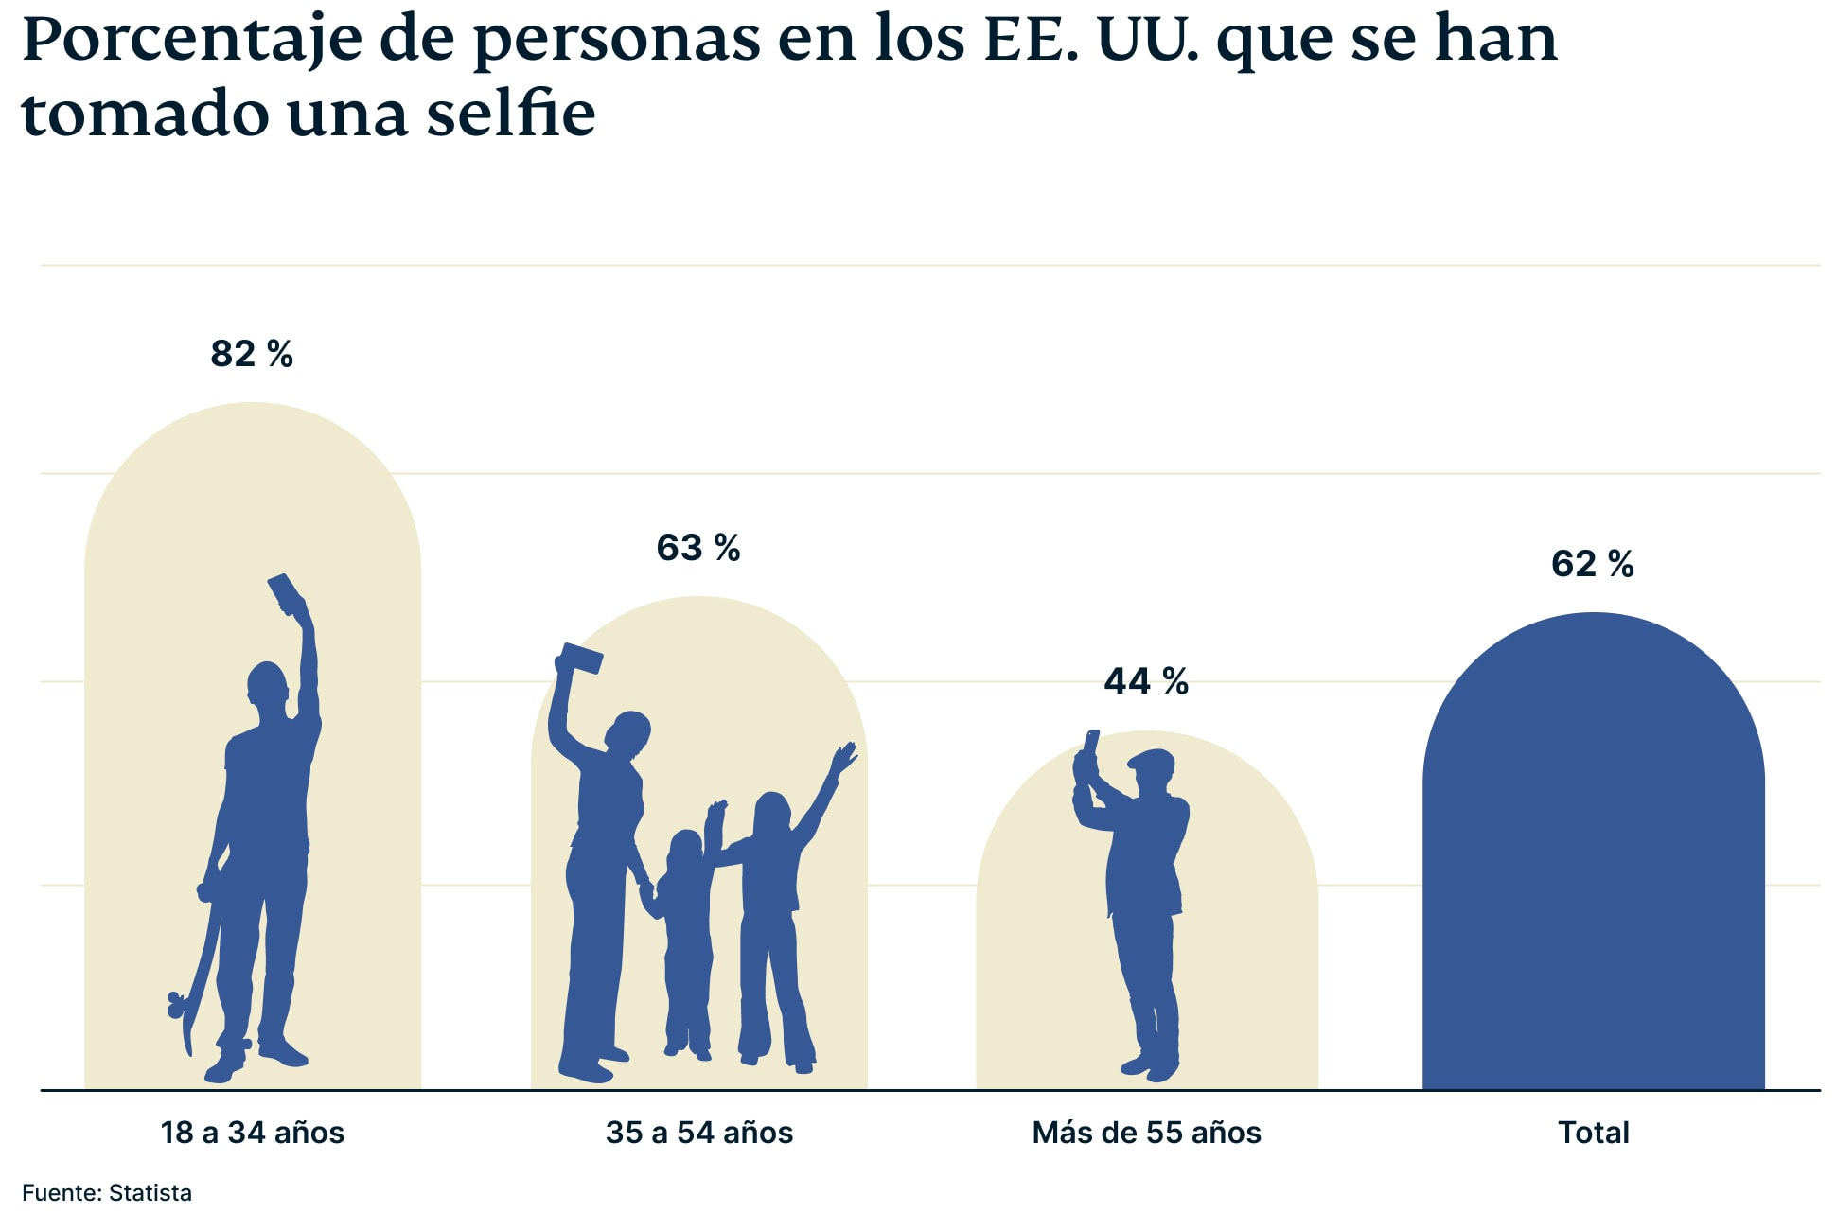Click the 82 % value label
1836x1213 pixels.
click(x=252, y=354)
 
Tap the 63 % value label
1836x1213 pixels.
click(x=698, y=548)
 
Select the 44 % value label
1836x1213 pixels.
click(x=1146, y=681)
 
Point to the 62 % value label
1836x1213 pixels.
click(x=1593, y=564)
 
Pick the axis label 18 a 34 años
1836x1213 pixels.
click(x=253, y=1133)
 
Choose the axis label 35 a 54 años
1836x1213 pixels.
click(x=699, y=1133)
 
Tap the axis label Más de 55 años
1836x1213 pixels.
click(x=1146, y=1133)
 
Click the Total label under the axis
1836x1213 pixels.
click(x=1594, y=1133)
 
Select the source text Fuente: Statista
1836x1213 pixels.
click(x=107, y=1192)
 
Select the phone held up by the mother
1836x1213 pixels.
click(x=581, y=659)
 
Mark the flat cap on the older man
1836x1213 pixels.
click(x=1152, y=760)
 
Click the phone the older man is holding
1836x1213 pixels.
click(x=1091, y=744)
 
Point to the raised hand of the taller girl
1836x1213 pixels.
click(x=842, y=758)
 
